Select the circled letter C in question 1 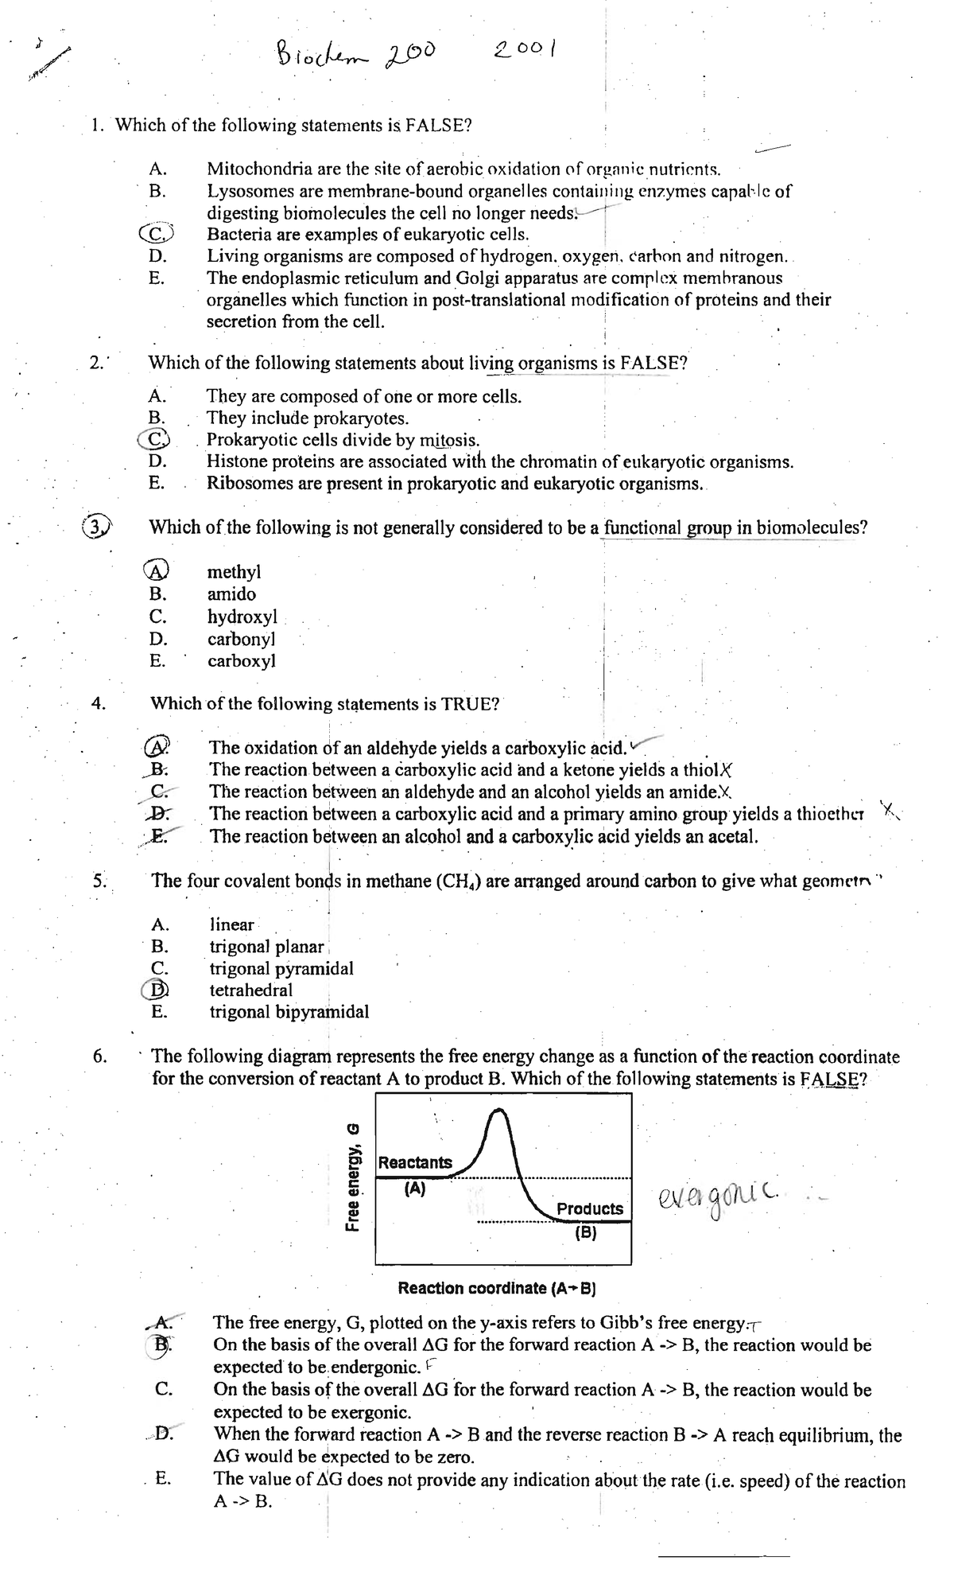pyautogui.click(x=157, y=234)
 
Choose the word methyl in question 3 pyautogui.click(x=234, y=572)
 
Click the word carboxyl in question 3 pyautogui.click(x=242, y=661)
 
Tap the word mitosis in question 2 pyautogui.click(x=448, y=440)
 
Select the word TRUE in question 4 pyautogui.click(x=469, y=704)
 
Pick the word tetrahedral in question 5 pyautogui.click(x=250, y=990)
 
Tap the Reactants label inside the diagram pyautogui.click(x=415, y=1162)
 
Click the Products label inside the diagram pyautogui.click(x=590, y=1208)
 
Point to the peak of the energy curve pyautogui.click(x=498, y=1112)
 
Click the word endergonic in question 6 pyautogui.click(x=374, y=1368)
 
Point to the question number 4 pyautogui.click(x=98, y=703)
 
